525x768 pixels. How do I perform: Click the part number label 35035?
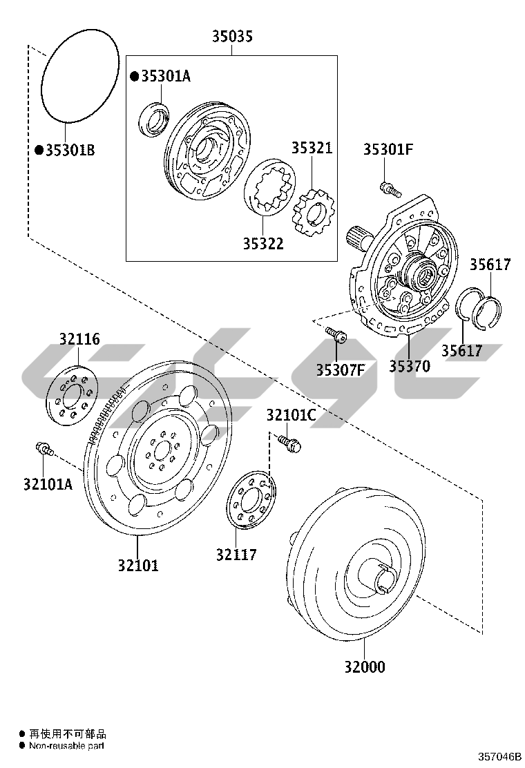(231, 37)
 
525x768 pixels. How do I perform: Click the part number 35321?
(311, 148)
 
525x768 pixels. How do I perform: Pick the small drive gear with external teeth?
(311, 211)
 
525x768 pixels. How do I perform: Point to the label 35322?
(262, 244)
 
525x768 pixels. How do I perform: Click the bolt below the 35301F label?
(390, 186)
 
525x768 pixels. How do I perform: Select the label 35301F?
(388, 149)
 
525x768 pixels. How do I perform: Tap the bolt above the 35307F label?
(337, 335)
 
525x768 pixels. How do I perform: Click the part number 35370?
(409, 366)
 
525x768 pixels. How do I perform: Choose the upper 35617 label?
(490, 264)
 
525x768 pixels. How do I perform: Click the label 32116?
(79, 339)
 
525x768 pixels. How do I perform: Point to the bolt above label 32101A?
(44, 448)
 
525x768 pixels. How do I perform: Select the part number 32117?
(236, 554)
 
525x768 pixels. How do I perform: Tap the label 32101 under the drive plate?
(137, 566)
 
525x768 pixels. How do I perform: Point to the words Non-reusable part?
(66, 746)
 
